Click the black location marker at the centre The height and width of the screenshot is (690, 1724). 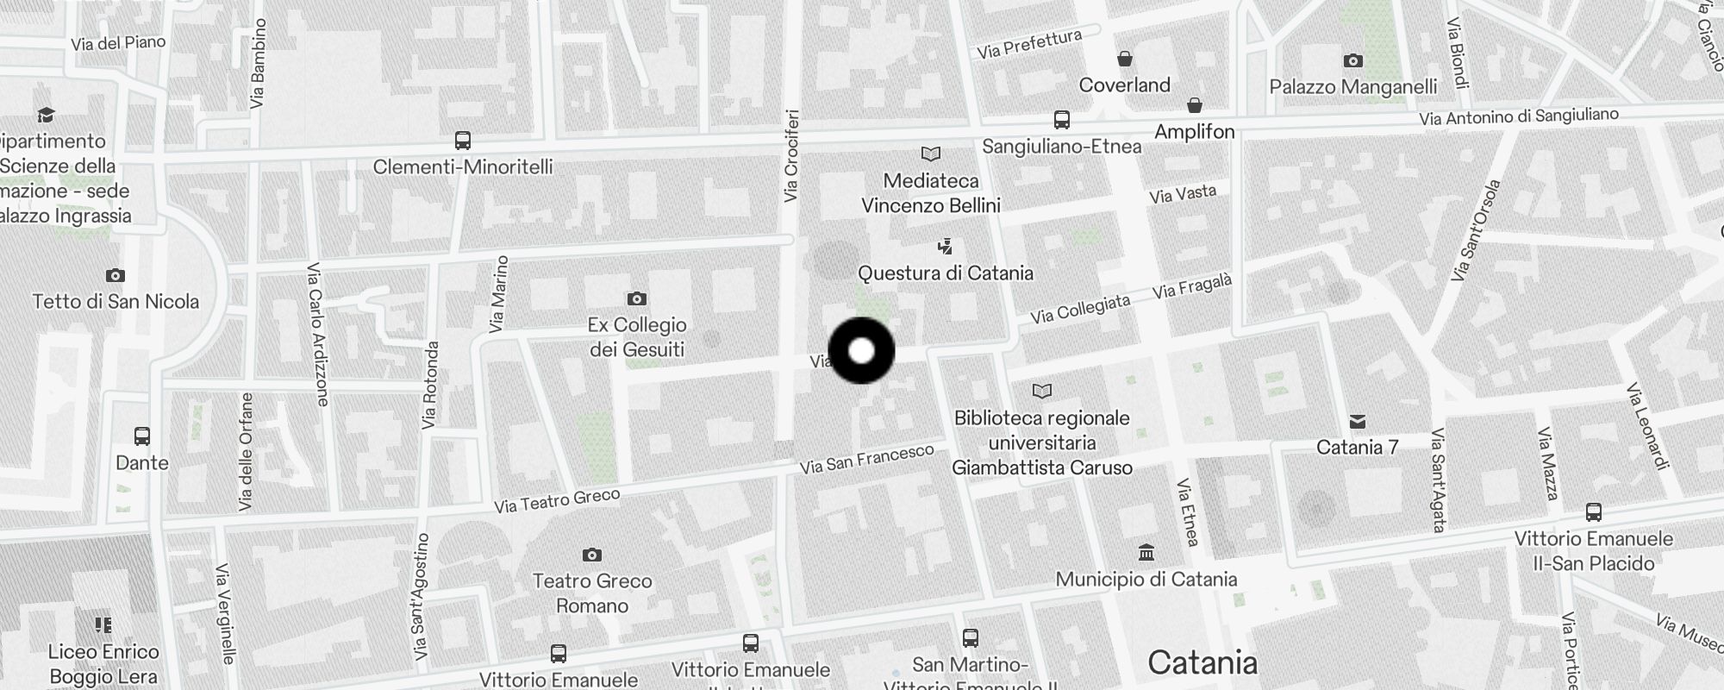click(861, 351)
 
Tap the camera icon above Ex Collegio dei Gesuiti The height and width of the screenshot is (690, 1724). click(636, 298)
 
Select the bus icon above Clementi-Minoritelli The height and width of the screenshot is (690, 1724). click(463, 141)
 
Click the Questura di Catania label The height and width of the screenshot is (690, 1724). click(945, 273)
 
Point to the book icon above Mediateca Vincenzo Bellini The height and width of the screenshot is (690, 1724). click(931, 154)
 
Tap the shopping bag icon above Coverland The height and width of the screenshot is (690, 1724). click(1124, 59)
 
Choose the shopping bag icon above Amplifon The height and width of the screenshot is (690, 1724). click(1195, 105)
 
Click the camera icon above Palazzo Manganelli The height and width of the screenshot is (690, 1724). click(1353, 60)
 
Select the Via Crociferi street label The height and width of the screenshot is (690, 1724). click(791, 156)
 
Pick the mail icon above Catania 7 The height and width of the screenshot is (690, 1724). click(1358, 421)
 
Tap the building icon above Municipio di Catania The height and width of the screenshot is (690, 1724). click(1146, 552)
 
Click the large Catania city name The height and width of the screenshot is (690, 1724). click(1202, 662)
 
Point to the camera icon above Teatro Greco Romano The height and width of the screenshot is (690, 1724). click(591, 555)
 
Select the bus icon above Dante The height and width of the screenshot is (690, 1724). click(142, 436)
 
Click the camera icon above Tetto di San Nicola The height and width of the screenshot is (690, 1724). click(115, 276)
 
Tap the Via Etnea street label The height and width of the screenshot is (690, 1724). click(1188, 512)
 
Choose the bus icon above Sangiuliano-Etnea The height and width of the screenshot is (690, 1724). click(1062, 120)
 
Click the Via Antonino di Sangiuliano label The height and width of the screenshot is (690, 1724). click(1519, 116)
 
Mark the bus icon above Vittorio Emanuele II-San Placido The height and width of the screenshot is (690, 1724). click(1594, 512)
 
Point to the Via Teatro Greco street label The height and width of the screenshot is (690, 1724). click(557, 501)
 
